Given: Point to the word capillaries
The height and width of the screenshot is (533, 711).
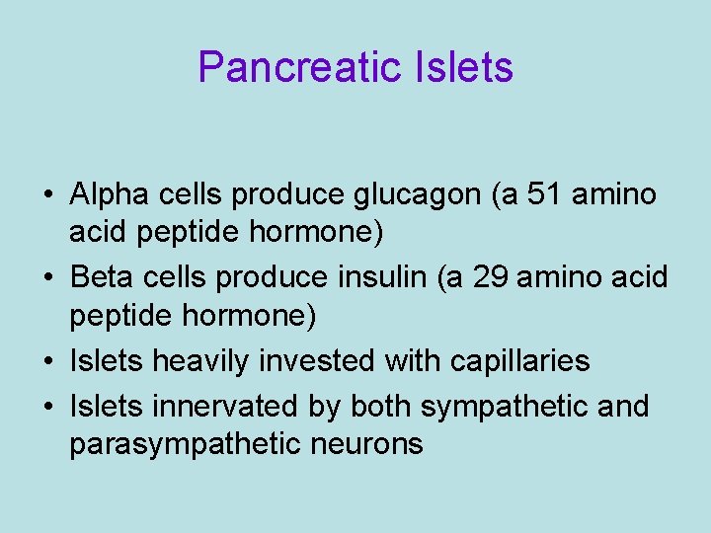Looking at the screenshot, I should point(519,361).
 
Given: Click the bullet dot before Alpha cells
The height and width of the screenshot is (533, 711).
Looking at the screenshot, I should point(48,195).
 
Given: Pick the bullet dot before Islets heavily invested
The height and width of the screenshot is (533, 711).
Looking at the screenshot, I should point(48,362).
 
